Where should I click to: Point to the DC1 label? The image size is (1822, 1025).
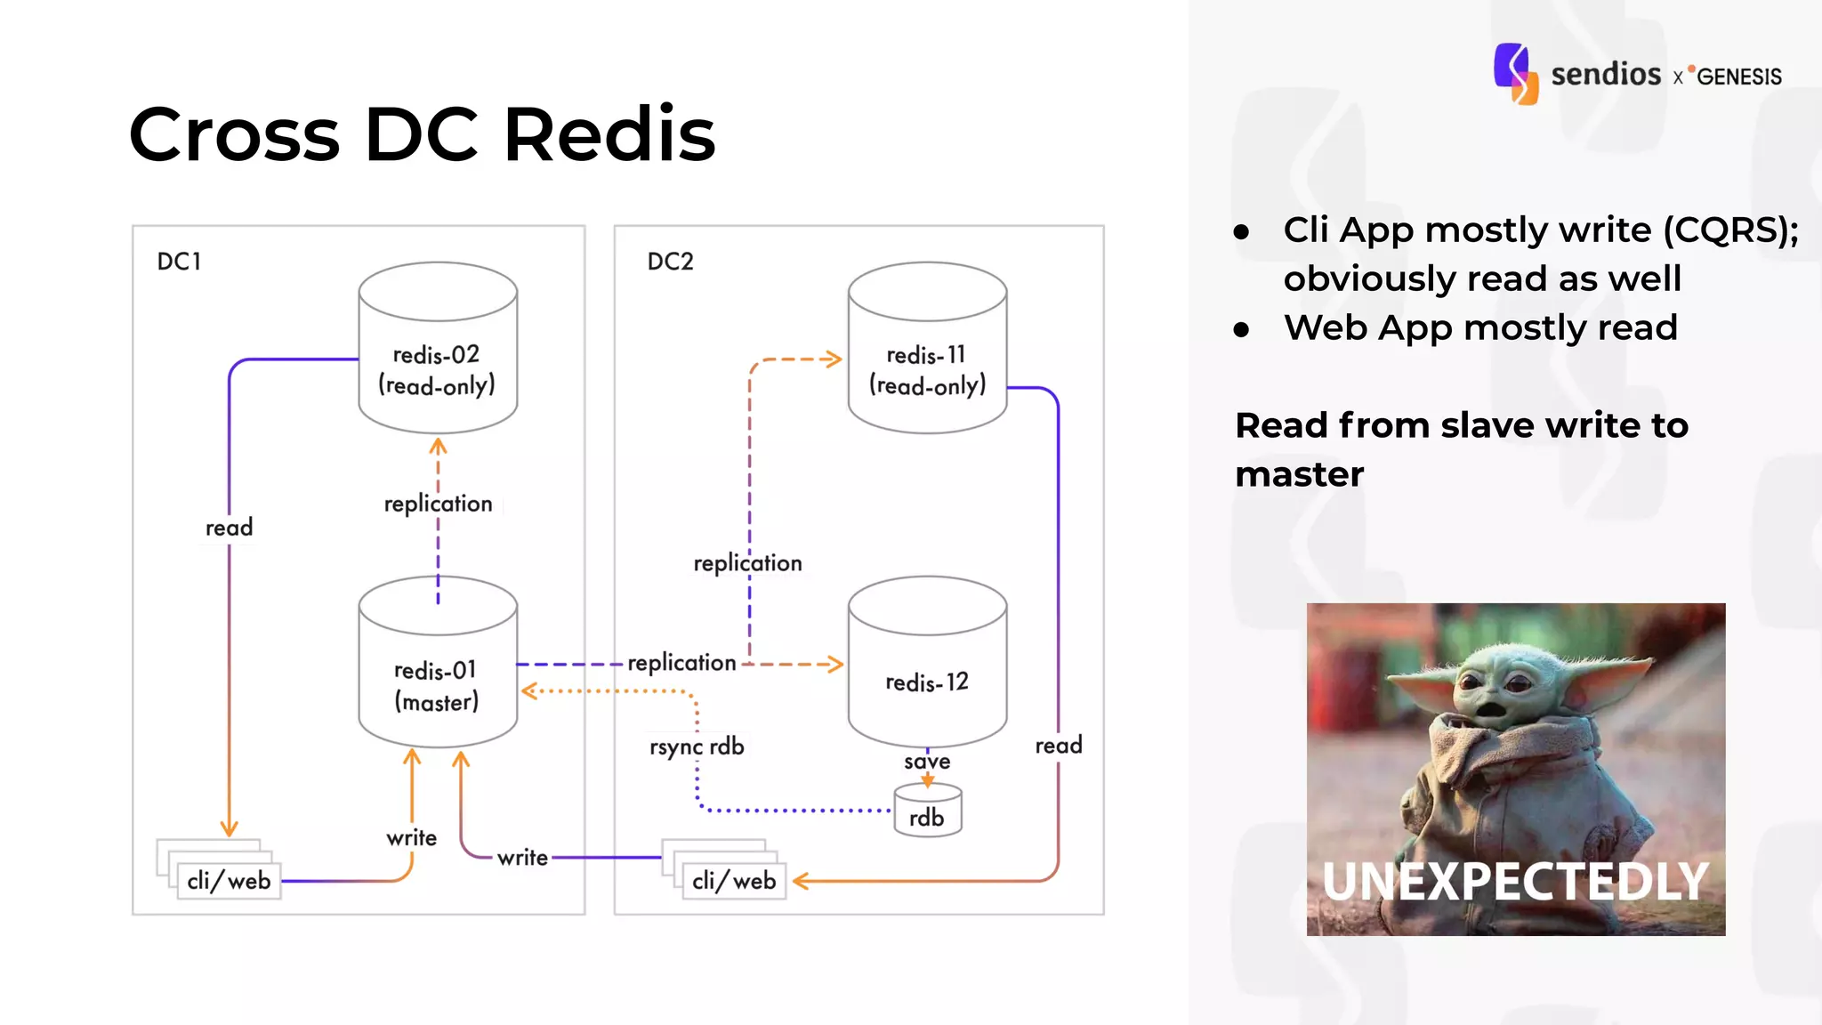179,262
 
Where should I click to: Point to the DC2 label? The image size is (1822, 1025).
670,262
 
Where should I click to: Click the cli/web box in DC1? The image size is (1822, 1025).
229,881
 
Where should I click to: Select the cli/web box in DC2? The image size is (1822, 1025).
734,881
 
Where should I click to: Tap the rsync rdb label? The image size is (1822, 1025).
697,747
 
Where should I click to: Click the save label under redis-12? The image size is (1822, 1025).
927,762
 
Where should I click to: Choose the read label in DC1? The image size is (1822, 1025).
230,528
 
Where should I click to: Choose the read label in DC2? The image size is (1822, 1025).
1059,746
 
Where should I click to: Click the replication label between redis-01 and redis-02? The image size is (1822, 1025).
438,504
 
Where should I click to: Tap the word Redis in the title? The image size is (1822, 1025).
609,134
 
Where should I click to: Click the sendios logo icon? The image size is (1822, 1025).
1515,74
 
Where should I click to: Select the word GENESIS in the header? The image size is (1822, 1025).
1738,77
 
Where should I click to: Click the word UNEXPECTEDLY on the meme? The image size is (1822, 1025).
1515,881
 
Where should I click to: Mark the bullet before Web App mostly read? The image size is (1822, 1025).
1242,330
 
